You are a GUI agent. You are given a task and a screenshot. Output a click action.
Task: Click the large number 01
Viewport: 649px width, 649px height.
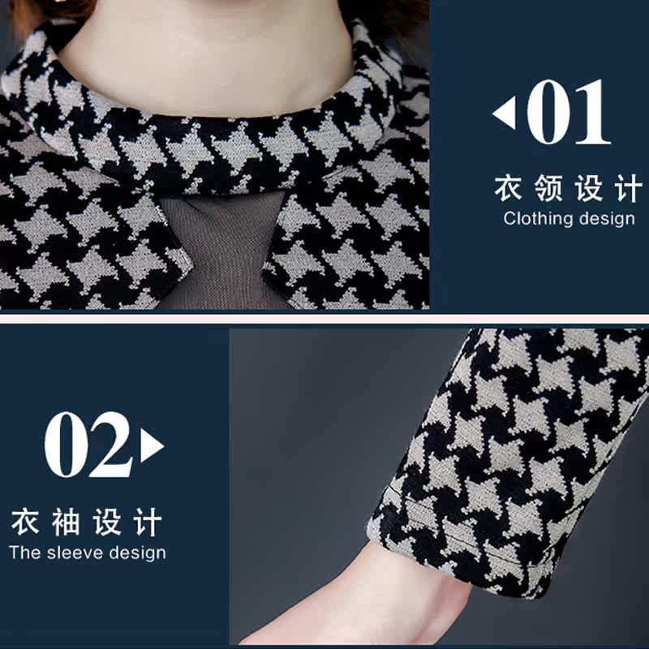coord(569,112)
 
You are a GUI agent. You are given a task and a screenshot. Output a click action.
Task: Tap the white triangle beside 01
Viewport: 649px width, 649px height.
coord(505,113)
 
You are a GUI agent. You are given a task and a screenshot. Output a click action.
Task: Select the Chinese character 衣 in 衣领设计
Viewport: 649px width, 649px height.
coord(509,188)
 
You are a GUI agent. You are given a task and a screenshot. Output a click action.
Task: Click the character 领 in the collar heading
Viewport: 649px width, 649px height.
coord(548,188)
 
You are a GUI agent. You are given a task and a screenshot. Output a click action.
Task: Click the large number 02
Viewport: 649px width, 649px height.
coord(88,445)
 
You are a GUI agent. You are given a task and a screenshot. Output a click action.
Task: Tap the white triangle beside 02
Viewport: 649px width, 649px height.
coord(152,445)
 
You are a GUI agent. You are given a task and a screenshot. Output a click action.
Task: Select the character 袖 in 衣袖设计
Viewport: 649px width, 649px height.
coord(66,522)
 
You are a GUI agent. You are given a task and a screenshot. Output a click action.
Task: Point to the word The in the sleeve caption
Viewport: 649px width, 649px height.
coord(25,553)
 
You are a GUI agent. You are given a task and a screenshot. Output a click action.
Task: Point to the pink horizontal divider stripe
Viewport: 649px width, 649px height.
coord(324,319)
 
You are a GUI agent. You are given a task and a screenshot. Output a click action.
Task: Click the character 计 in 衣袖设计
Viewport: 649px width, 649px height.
coord(148,522)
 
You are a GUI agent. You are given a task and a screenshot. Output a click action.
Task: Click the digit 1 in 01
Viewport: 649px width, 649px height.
coord(593,112)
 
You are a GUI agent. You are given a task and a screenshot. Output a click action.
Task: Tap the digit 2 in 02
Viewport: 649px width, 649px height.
coord(111,444)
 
